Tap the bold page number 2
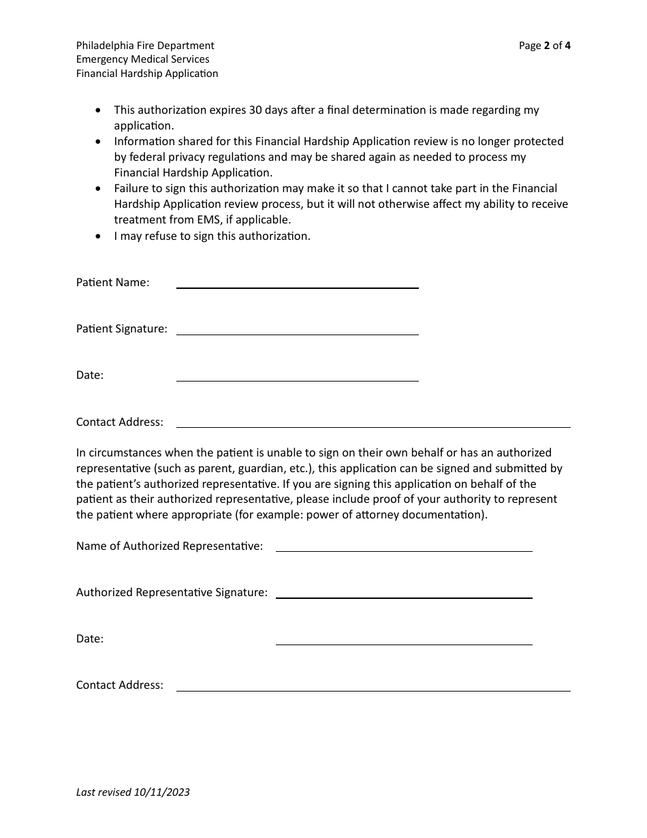point(547,46)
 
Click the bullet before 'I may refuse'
point(99,236)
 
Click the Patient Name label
point(112,282)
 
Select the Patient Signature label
point(121,328)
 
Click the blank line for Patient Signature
point(297,332)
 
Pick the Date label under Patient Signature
point(90,375)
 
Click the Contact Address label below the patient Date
point(120,422)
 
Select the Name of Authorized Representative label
point(170,546)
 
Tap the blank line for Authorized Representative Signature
point(403,596)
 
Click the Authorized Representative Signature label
point(172,592)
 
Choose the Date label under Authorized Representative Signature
point(90,638)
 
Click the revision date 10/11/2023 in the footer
point(162,792)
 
